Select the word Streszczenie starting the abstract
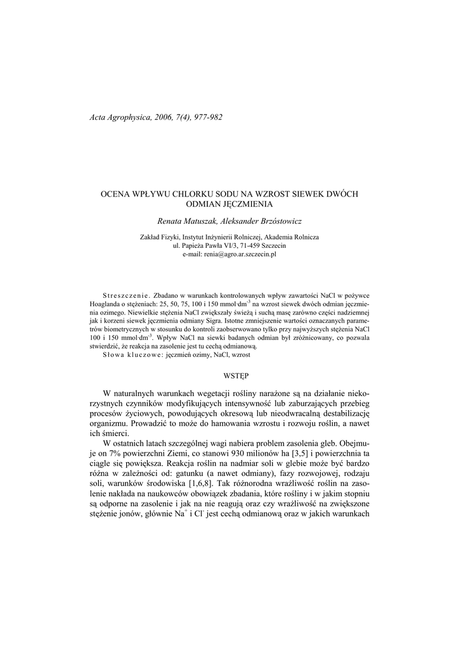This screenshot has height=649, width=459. pos(125,295)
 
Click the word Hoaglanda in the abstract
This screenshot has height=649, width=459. pos(104,304)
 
